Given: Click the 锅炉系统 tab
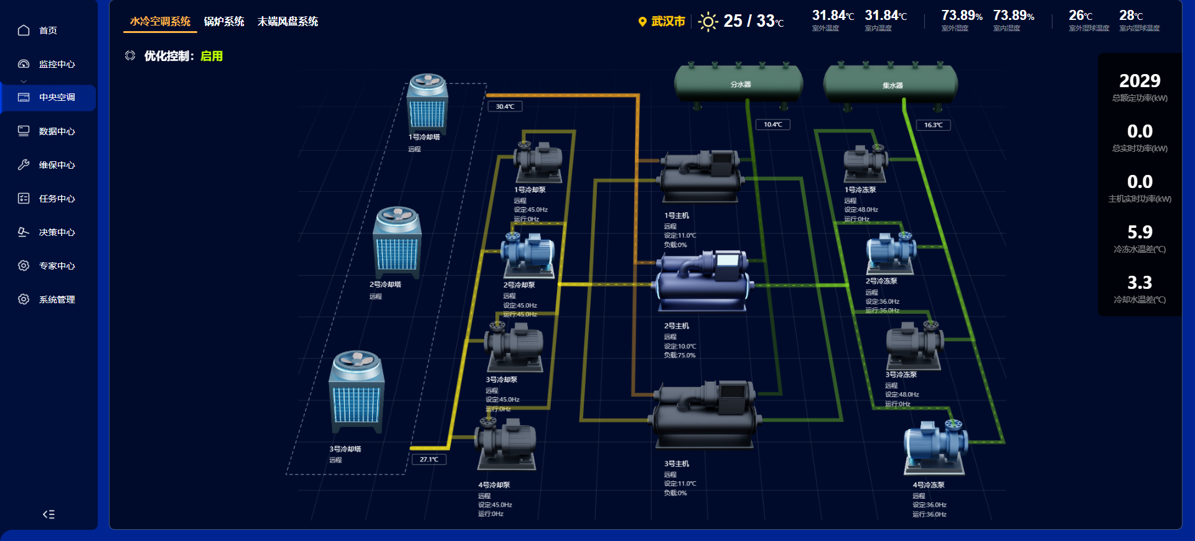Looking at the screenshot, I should coord(224,22).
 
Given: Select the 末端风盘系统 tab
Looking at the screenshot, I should coord(288,22).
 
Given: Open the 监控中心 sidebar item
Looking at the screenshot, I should coord(56,64).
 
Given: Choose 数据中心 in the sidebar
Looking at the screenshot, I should coord(56,131).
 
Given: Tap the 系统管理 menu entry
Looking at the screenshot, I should coord(56,299).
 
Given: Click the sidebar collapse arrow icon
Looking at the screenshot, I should coord(49,514).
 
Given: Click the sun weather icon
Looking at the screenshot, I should coord(708,22).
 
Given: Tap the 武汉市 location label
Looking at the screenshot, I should coord(667,22).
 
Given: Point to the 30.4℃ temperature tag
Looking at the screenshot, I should coord(505,106).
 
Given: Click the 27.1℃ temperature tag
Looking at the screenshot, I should coord(429,459).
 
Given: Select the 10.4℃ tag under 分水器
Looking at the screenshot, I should coord(772,125).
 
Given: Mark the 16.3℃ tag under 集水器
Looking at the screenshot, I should coord(933,125).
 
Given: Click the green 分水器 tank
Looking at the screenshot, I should coord(739,83).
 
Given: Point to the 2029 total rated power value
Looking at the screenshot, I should coord(1140,81).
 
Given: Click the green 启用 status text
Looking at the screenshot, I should coord(212,56).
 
